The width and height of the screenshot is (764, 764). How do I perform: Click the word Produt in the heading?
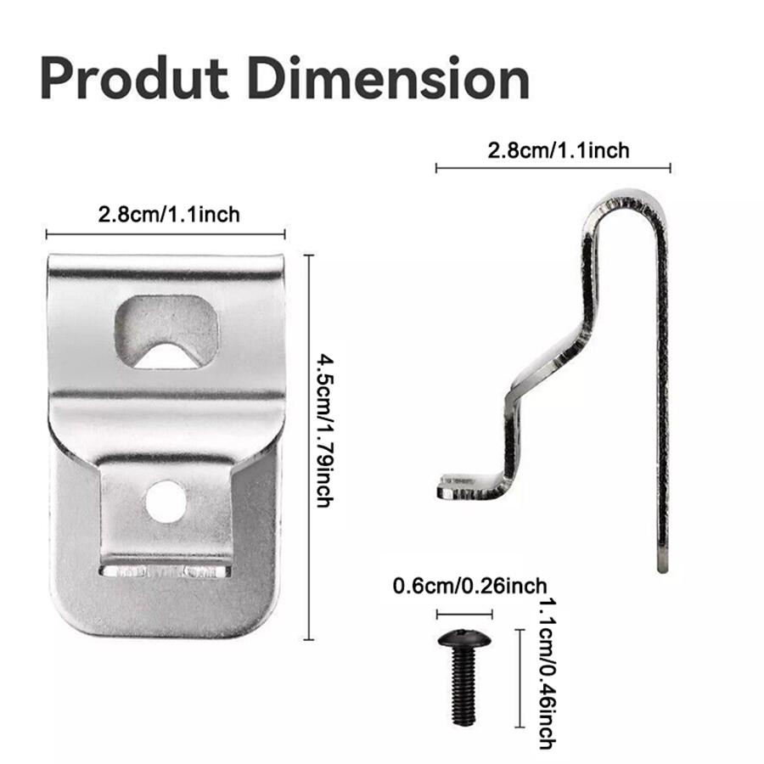pos(134,78)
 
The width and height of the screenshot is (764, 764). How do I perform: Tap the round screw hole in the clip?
pos(166,502)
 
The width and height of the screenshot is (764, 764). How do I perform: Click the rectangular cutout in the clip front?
pos(166,331)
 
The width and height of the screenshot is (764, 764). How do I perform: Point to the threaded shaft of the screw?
pos(463,687)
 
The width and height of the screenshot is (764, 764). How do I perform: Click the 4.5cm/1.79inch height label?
pos(325,432)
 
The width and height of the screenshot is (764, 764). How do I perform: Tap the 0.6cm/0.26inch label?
pos(469,586)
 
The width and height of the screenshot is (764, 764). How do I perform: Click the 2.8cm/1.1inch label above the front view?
pos(169,215)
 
